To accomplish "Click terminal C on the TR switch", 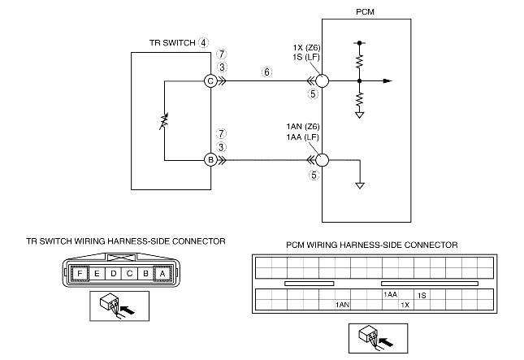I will click(210, 81).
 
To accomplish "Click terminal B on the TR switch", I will click(210, 160).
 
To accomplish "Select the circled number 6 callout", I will click(266, 72).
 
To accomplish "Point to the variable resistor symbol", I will click(164, 121).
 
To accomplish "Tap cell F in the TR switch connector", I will click(82, 274).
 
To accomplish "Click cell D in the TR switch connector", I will click(114, 274).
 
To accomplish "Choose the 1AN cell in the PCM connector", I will click(342, 305).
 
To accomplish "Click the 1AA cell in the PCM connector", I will click(390, 295).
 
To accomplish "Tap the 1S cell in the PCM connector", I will click(422, 295).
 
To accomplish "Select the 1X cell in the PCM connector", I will click(405, 305).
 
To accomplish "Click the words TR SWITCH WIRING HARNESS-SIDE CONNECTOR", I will click(126, 241).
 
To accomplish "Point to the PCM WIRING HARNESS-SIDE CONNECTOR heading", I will click(372, 245).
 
